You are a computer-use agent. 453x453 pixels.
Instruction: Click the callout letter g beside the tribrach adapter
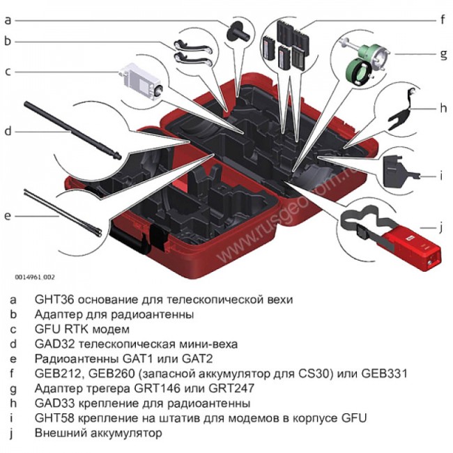point(442,53)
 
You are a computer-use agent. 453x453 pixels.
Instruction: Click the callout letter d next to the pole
point(8,130)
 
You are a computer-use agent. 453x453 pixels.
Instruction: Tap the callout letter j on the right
point(441,227)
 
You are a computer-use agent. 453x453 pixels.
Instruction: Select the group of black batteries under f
point(286,45)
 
